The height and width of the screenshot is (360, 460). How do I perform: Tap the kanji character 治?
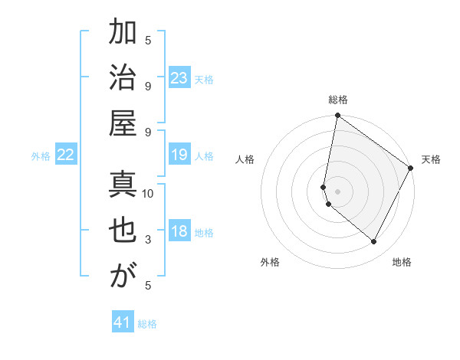tap(123, 80)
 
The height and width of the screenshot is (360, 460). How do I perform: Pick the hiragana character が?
tap(123, 275)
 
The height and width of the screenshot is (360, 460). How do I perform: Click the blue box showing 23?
tap(179, 78)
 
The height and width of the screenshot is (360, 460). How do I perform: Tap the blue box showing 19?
tap(179, 155)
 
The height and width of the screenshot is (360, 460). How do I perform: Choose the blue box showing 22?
tap(66, 155)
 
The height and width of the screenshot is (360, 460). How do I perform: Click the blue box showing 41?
tap(123, 322)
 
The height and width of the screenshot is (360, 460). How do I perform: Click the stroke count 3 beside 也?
tap(148, 240)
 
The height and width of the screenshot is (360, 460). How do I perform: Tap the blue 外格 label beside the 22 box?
tap(41, 156)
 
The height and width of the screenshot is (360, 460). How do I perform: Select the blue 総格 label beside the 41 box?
tap(147, 324)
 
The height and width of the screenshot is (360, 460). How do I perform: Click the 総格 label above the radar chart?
tap(338, 100)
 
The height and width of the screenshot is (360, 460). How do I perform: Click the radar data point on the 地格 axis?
tap(374, 241)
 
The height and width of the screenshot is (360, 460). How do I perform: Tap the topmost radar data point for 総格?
tap(337, 116)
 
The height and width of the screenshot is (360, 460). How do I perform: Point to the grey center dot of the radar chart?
tap(338, 191)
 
